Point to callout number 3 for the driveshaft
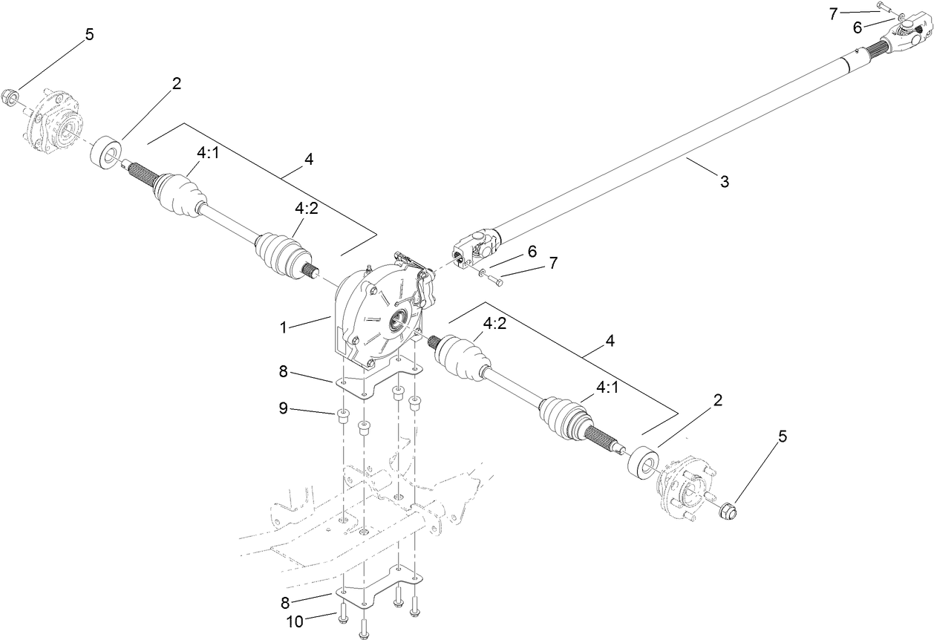click(725, 181)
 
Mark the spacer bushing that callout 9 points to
click(343, 415)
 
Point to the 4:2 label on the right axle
click(495, 324)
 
